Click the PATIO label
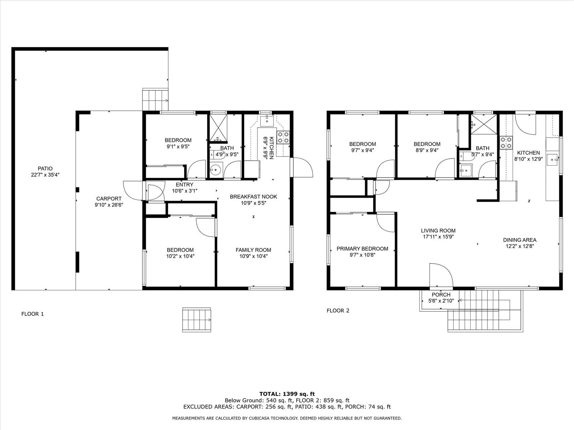point(45,169)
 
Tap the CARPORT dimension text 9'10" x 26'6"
point(109,205)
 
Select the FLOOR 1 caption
point(32,314)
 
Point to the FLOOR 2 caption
point(338,310)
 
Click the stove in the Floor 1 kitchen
point(283,137)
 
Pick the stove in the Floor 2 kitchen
point(506,143)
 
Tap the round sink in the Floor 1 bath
point(216,170)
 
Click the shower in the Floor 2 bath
point(484,124)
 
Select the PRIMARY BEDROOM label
point(362,249)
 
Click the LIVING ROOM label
point(438,230)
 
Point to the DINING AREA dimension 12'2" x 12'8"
point(520,246)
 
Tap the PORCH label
point(441,295)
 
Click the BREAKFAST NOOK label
point(253,197)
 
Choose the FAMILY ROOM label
point(253,250)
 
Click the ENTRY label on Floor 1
point(185,185)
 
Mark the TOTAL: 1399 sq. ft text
point(287,394)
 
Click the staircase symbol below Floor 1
point(197,320)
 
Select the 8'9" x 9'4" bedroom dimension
point(427,150)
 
